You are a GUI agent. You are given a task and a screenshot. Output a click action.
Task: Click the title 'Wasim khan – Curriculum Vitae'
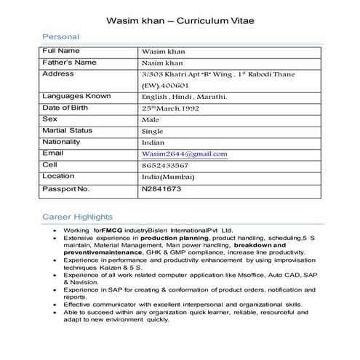[180, 20]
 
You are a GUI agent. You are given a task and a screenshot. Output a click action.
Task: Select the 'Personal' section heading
[60, 36]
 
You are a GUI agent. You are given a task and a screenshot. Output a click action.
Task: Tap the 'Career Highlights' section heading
[77, 217]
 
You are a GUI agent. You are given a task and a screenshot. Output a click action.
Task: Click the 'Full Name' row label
[61, 51]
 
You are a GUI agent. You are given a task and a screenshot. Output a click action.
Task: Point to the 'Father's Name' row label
[69, 63]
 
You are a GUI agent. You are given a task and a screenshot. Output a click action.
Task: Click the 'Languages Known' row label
[76, 96]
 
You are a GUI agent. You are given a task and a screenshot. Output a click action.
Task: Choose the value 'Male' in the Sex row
[151, 119]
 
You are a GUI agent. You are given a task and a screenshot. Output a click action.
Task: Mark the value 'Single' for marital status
[153, 131]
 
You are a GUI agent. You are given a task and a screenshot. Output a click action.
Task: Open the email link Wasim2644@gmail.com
[185, 154]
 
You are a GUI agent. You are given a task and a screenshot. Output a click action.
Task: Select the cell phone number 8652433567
[165, 166]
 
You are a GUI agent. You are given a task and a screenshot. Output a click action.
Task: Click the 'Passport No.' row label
[66, 189]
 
